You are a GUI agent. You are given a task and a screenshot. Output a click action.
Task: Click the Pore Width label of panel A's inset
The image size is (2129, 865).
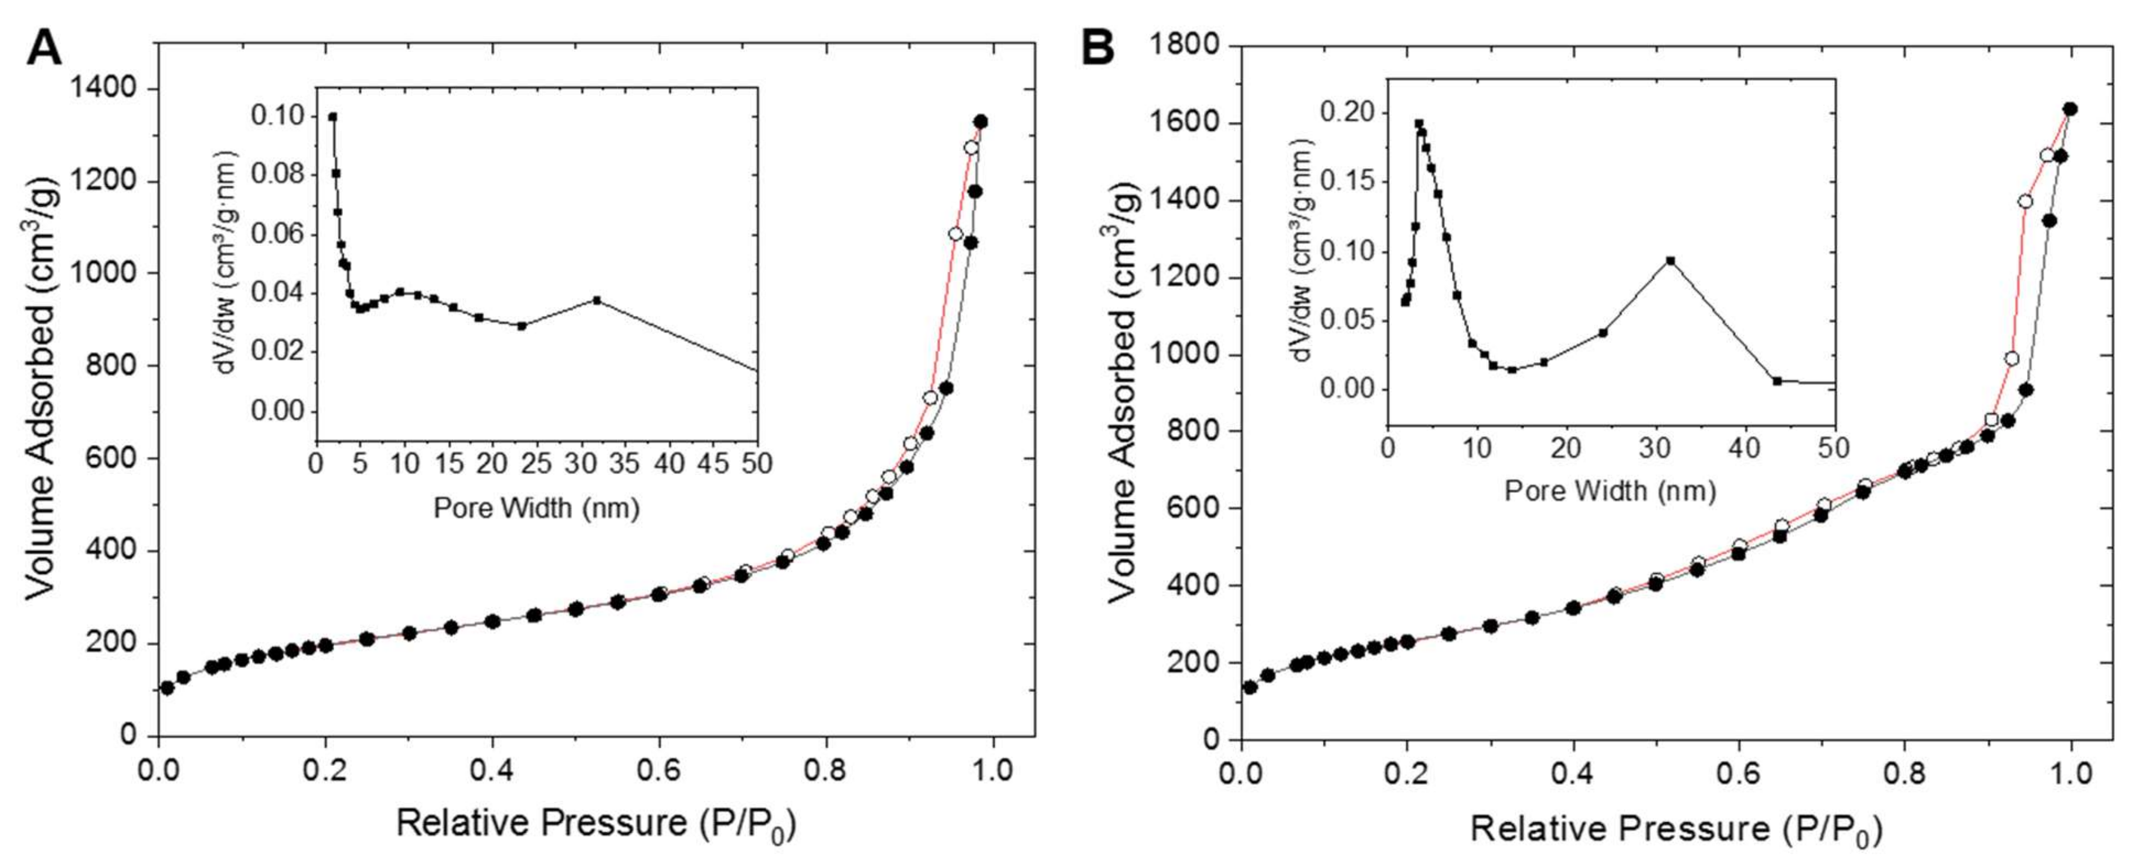536,508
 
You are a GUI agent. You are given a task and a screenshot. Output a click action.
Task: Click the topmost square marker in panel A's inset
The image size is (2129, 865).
332,117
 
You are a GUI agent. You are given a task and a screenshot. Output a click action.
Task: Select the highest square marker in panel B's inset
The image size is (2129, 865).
1419,124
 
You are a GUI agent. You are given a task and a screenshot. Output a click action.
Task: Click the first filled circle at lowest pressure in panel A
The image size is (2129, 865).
168,688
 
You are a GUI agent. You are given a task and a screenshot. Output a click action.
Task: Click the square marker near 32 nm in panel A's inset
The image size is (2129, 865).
597,301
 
